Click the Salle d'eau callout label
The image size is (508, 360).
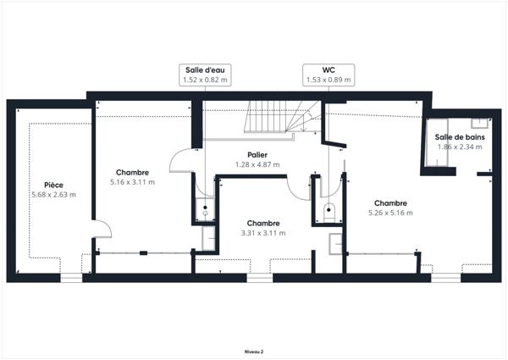coord(204,69)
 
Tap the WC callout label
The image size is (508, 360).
coord(329,69)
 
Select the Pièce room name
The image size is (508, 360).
coord(53,185)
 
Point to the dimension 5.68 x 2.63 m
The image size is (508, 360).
coord(53,194)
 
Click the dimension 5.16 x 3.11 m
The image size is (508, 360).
coord(133,181)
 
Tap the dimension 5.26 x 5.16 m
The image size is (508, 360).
coord(390,213)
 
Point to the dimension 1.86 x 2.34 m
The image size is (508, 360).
coord(459,147)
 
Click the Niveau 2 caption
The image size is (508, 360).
coord(253,349)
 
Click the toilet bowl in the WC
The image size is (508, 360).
coord(329,208)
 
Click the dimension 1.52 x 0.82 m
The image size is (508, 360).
coord(204,80)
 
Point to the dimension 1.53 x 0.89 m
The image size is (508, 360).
coord(329,80)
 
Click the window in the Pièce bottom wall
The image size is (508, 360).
coord(71,277)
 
